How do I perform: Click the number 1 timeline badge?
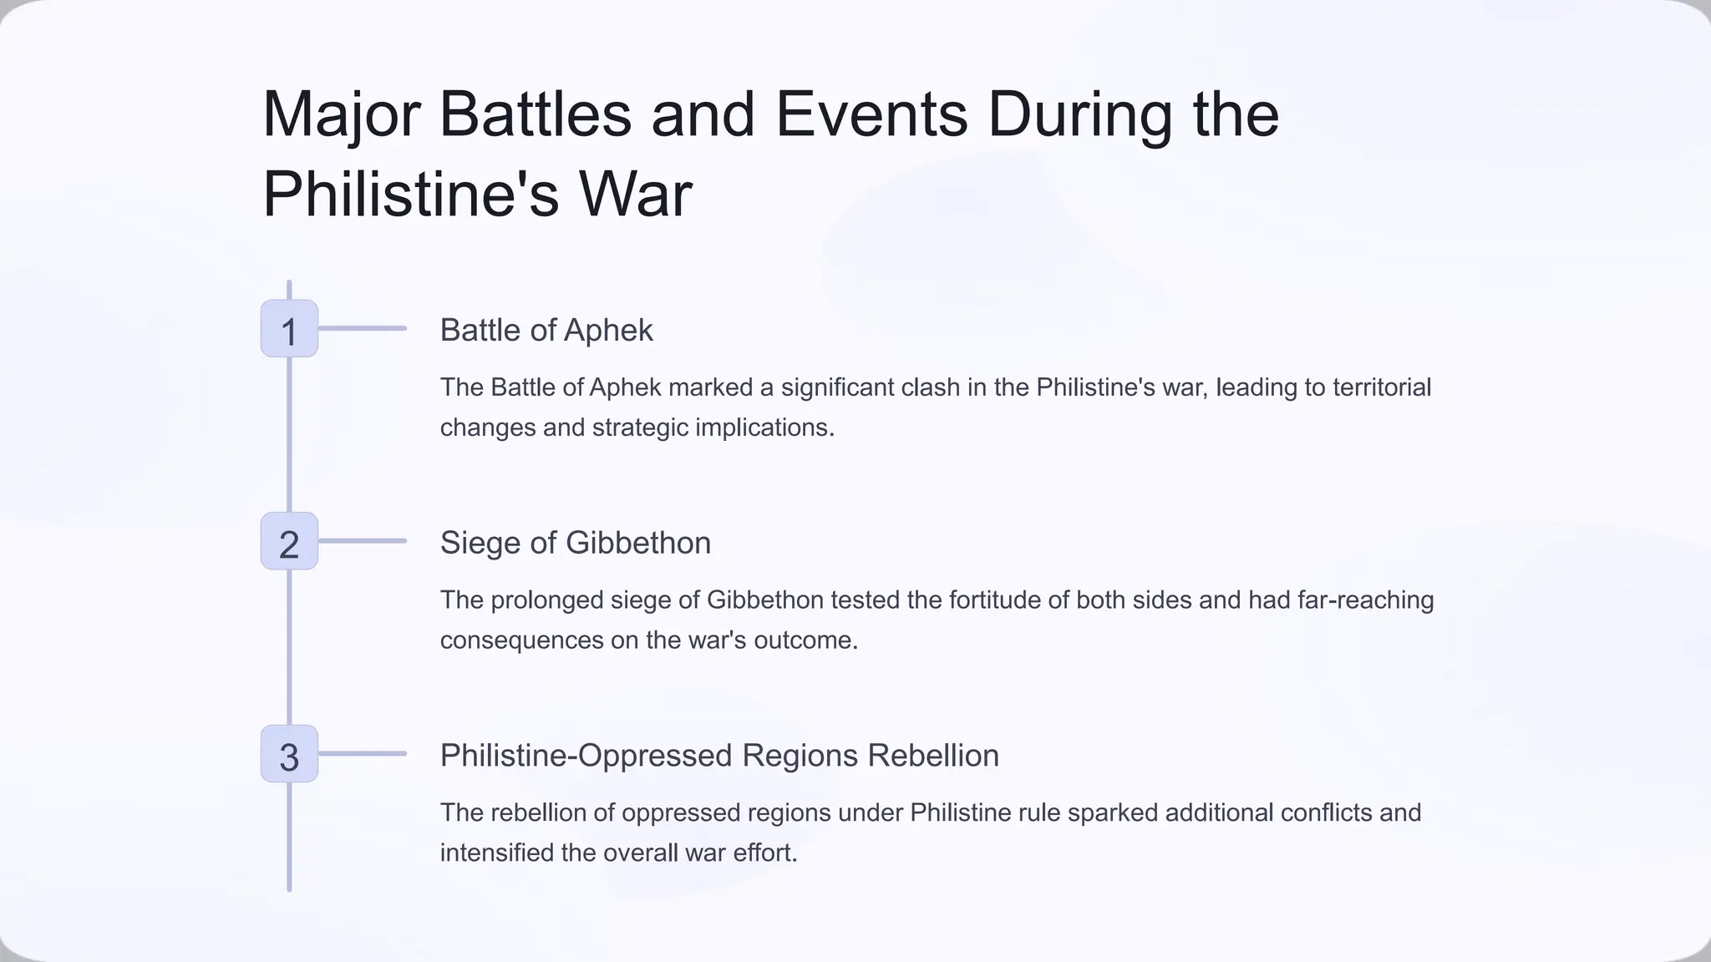coord(289,329)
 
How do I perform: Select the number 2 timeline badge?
coord(289,541)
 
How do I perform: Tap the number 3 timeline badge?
coord(289,754)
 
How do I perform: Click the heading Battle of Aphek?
coord(546,330)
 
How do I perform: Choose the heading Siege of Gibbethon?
coord(576,543)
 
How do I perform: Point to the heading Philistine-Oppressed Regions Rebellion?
coord(719,755)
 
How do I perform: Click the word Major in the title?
coord(341,114)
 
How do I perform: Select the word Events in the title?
coord(871,114)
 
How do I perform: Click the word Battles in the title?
coord(536,114)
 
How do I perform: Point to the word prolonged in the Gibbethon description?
coord(546,600)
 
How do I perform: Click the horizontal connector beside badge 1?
coord(363,329)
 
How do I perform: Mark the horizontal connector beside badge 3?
coord(363,754)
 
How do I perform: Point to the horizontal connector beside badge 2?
coord(363,541)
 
